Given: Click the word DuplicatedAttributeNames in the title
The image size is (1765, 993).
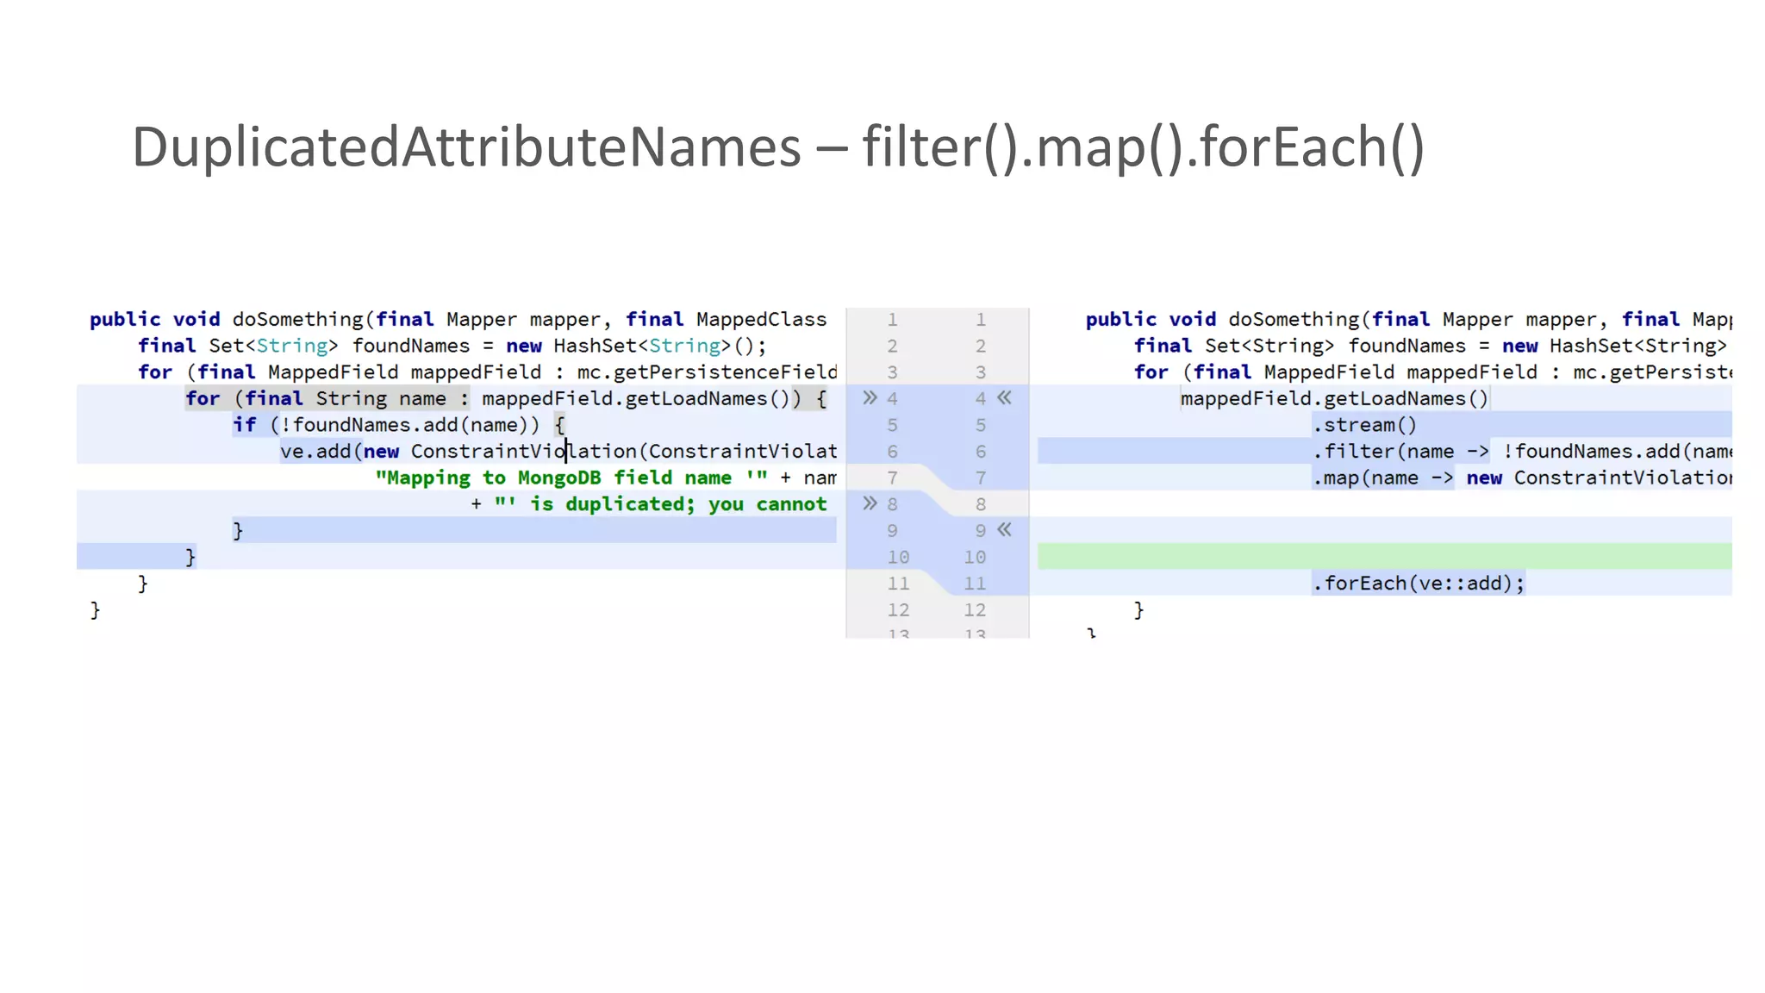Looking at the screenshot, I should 466,147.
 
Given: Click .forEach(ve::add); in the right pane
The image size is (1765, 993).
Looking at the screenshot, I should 1418,584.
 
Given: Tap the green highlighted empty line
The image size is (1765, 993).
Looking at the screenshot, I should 1384,557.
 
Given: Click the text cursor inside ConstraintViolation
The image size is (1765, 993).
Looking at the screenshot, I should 566,451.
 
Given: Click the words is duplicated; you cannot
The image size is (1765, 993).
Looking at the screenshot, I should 678,504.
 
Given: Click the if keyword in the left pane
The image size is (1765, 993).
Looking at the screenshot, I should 245,425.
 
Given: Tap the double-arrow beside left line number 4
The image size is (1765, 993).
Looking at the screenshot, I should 870,398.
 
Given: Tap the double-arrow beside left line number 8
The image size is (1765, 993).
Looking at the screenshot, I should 870,503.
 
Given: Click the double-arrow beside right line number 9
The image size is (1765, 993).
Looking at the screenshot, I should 1005,530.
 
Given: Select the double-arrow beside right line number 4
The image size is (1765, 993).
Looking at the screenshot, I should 1005,398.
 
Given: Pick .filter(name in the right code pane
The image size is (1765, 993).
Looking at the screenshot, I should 1383,452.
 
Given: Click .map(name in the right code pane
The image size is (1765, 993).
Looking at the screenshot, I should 1365,478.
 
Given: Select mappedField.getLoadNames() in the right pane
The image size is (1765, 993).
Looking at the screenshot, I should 1334,398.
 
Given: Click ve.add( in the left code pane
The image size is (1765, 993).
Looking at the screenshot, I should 315,452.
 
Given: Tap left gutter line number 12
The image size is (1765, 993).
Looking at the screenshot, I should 898,610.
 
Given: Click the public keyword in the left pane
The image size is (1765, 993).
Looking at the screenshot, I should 125,320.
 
